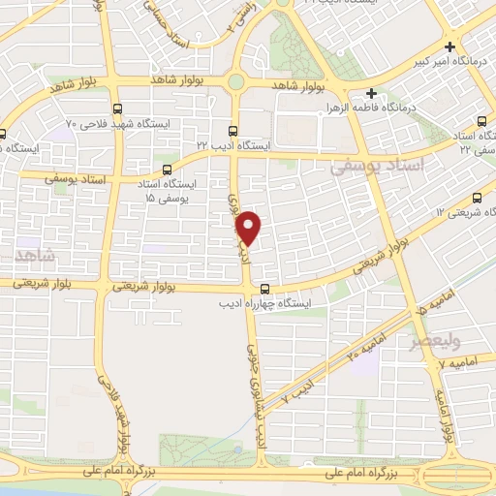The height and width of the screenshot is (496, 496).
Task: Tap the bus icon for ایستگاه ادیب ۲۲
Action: tap(232, 130)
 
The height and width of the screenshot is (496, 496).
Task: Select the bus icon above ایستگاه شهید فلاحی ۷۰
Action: tap(117, 108)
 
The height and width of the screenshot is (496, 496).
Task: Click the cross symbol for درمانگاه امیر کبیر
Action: tap(451, 46)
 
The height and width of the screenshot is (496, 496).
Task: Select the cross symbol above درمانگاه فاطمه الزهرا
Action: tap(371, 93)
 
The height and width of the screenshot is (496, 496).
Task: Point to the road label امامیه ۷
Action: tap(458, 361)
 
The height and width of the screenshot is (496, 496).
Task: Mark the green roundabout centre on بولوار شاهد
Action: tap(236, 81)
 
